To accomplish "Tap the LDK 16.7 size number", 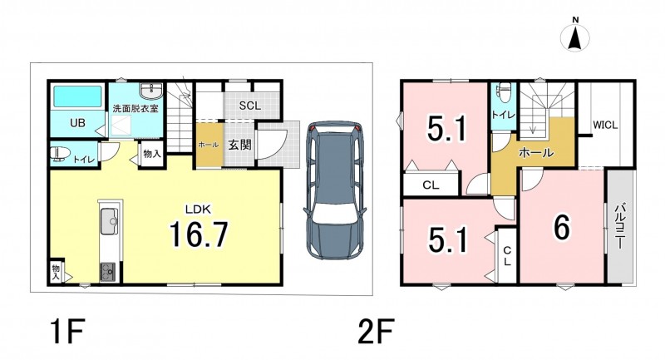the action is pyautogui.click(x=199, y=235).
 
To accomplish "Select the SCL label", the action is pyautogui.click(x=250, y=106).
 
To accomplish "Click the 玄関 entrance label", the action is pyautogui.click(x=239, y=145).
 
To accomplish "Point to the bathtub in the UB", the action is pyautogui.click(x=77, y=97).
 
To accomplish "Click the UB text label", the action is pyautogui.click(x=77, y=123).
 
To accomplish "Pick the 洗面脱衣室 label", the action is pyautogui.click(x=135, y=108).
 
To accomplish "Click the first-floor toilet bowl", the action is pyautogui.click(x=60, y=154).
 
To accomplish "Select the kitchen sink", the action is pyautogui.click(x=111, y=221).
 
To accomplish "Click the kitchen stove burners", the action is pyautogui.click(x=107, y=271).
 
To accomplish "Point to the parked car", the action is pyautogui.click(x=336, y=190).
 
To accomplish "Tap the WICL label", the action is pyautogui.click(x=605, y=125).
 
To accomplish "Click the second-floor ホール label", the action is pyautogui.click(x=536, y=152).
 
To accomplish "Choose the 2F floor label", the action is pyautogui.click(x=377, y=332).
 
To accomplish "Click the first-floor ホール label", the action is pyautogui.click(x=209, y=145).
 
